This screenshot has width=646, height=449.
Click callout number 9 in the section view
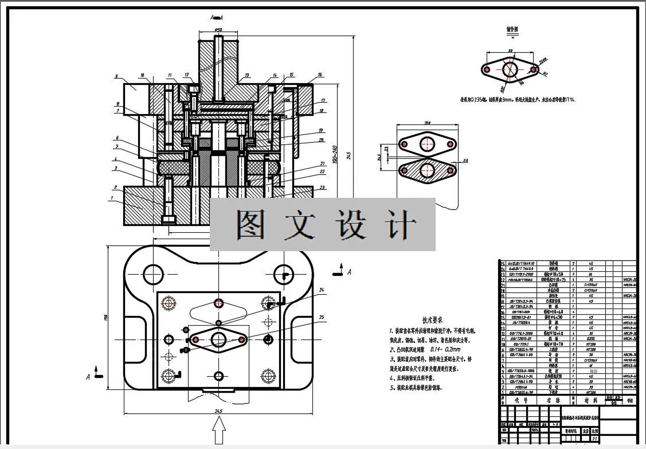pos(116,76)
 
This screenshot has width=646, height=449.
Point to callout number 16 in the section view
pos(320,75)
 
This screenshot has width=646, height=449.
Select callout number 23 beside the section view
pos(323,188)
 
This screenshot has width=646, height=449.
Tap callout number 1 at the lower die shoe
pos(112,198)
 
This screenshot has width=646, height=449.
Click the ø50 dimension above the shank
pos(218,29)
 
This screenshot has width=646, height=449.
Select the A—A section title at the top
pos(216,18)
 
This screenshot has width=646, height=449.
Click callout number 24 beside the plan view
pos(322,291)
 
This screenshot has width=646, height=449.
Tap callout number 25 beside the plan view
pos(322,317)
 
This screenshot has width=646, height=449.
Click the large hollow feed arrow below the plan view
pos(218,431)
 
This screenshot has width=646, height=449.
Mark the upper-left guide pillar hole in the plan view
pos(154,272)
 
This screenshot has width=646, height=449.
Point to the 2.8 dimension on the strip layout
pos(465,161)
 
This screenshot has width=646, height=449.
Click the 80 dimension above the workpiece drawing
pos(510,51)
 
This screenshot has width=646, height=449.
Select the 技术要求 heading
pos(433,320)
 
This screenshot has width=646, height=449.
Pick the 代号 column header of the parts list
pos(520,400)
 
